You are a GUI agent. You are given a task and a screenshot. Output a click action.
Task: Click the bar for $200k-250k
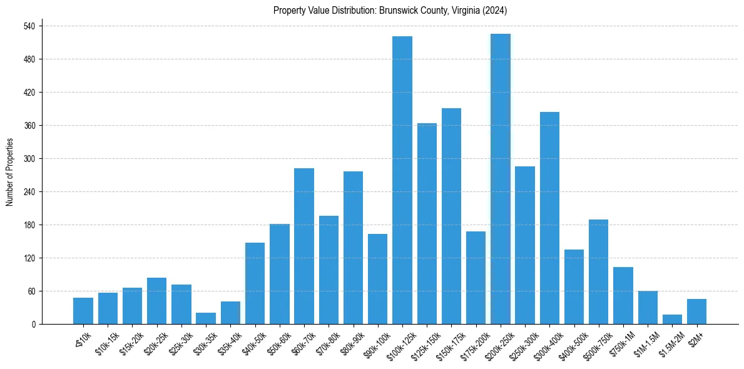click(501, 179)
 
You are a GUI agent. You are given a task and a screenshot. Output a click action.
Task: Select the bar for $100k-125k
click(402, 180)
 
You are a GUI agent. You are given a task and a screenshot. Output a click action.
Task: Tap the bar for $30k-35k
click(206, 318)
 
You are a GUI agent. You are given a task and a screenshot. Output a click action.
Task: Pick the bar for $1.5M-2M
click(672, 320)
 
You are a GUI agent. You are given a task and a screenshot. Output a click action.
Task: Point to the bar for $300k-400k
click(549, 218)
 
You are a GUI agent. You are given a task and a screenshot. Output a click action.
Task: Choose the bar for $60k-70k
click(304, 246)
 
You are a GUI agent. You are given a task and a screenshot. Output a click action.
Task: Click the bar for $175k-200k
click(476, 278)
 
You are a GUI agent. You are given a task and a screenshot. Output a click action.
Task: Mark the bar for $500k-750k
click(598, 272)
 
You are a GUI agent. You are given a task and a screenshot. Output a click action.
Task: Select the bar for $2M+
click(696, 311)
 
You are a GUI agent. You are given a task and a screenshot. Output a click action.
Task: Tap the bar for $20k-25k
click(156, 301)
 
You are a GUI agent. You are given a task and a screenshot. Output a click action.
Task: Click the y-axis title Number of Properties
click(10, 172)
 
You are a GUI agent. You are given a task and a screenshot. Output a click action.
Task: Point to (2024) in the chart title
click(496, 11)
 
